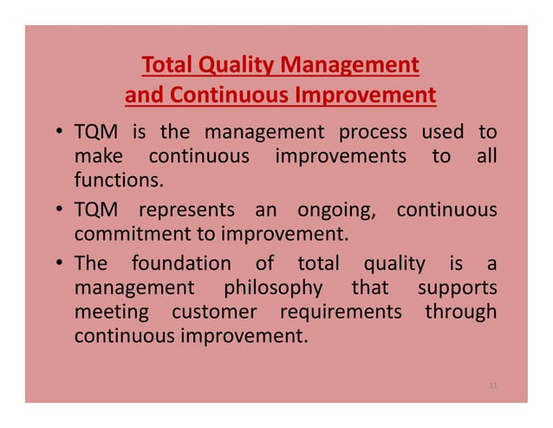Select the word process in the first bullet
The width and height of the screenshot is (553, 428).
372,133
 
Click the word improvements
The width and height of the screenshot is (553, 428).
340,157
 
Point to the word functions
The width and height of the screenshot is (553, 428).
118,181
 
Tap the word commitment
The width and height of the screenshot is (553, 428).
122,234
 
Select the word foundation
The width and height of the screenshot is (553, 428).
181,263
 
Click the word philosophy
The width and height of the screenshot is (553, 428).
273,287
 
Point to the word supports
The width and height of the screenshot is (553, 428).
457,287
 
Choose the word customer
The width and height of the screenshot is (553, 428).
214,311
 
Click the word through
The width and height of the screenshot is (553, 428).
460,311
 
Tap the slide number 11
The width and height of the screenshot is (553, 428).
493,384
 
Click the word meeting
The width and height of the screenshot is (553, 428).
111,312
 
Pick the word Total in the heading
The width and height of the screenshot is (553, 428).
166,65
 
